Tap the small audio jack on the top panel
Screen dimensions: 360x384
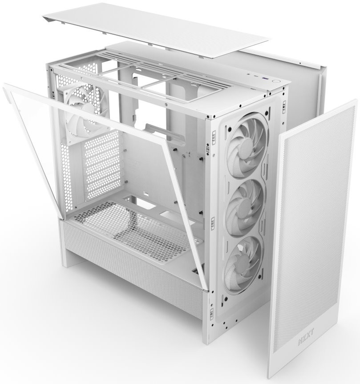tap(249, 73)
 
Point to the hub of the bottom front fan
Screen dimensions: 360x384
tap(243, 266)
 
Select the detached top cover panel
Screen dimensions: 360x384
tap(155, 29)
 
